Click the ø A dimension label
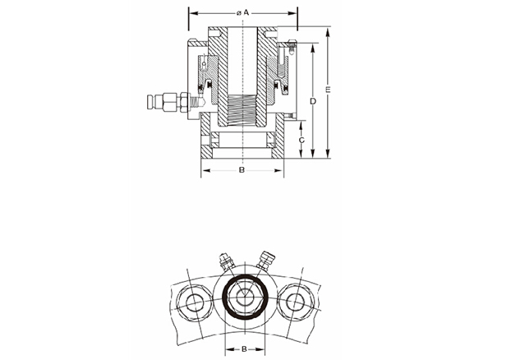click(243, 12)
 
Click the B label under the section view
click(242, 170)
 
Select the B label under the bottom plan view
click(245, 349)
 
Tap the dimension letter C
click(302, 140)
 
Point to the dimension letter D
click(313, 101)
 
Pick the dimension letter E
click(328, 90)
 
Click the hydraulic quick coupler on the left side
click(163, 102)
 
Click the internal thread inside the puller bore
click(242, 110)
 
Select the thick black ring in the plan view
click(246, 297)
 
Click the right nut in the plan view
click(296, 302)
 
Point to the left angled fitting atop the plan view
click(225, 261)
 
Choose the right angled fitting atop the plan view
click(266, 261)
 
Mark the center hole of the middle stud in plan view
click(244, 297)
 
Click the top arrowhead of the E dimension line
click(328, 32)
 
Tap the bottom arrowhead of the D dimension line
click(313, 154)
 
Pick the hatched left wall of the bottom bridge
click(205, 136)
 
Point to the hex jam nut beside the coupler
click(184, 103)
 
